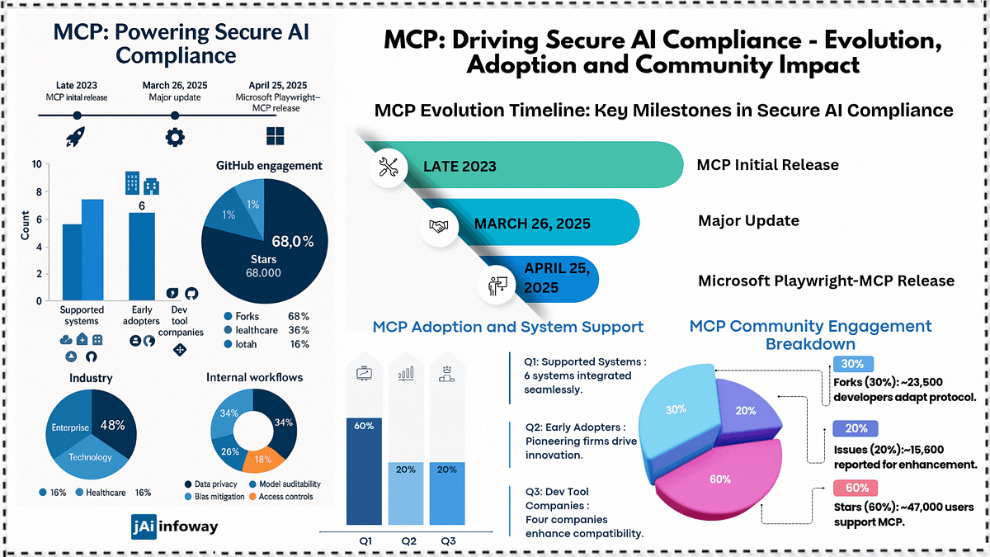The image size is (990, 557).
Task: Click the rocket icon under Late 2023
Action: [76, 137]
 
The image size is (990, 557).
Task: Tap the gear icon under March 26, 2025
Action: [175, 137]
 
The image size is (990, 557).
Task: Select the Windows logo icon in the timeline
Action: [276, 136]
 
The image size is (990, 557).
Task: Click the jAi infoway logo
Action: [175, 526]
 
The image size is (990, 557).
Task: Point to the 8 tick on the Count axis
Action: [39, 191]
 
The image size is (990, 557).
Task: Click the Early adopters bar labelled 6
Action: [142, 257]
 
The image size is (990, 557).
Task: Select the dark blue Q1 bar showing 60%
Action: [364, 471]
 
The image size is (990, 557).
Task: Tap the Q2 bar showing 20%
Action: [406, 493]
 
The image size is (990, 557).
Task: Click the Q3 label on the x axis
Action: [448, 541]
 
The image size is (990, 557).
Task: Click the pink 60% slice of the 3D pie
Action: [720, 479]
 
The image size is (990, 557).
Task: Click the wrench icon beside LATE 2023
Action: [389, 167]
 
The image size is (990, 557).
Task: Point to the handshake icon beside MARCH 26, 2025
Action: [438, 226]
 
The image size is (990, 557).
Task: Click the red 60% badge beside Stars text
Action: [856, 488]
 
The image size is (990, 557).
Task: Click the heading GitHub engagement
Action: [269, 166]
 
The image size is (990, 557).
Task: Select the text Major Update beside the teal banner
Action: [749, 220]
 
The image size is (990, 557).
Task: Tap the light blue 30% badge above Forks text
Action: [853, 364]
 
